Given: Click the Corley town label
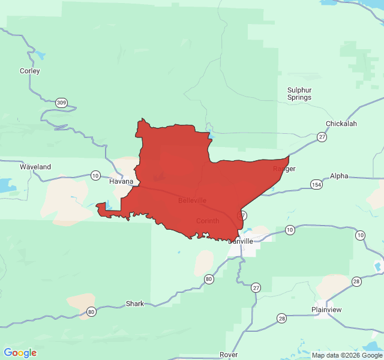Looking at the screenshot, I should (x=30, y=71).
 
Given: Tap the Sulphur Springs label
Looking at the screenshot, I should (x=299, y=94).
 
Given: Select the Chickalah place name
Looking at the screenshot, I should (x=341, y=124).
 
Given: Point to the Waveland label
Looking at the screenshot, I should (x=35, y=167).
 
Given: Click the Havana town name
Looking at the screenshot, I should (x=121, y=181).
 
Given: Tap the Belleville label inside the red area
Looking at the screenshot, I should (x=192, y=200).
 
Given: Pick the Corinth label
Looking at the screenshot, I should (x=208, y=221).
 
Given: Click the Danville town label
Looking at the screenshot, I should (x=241, y=241).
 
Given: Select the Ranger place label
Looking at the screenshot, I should (x=284, y=169).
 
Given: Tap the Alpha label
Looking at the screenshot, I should (x=339, y=176).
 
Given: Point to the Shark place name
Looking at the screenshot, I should (x=135, y=304).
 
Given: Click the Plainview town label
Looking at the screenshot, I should (x=326, y=310).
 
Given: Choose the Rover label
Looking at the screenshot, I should (x=229, y=355).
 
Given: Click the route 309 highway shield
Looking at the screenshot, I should (x=61, y=103).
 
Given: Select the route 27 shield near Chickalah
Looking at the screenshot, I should (x=322, y=137).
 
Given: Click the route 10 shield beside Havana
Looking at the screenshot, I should (x=95, y=175).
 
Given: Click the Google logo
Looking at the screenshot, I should (x=20, y=353).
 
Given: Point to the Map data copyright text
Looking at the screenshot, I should (x=346, y=355).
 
